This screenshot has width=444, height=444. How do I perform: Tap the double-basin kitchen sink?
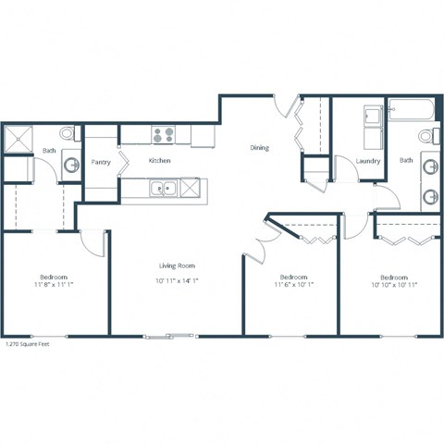pyautogui.click(x=163, y=189)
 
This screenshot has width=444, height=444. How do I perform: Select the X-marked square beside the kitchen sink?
pyautogui.click(x=190, y=189)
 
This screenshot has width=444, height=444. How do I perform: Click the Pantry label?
pyautogui.click(x=101, y=162)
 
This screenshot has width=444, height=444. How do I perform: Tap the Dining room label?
pyautogui.click(x=260, y=147)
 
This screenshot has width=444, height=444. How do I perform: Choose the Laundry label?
pyautogui.click(x=368, y=162)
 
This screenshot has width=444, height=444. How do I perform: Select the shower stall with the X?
pyautogui.click(x=19, y=141)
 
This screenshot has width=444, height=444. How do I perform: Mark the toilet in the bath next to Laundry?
pyautogui.click(x=427, y=137)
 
